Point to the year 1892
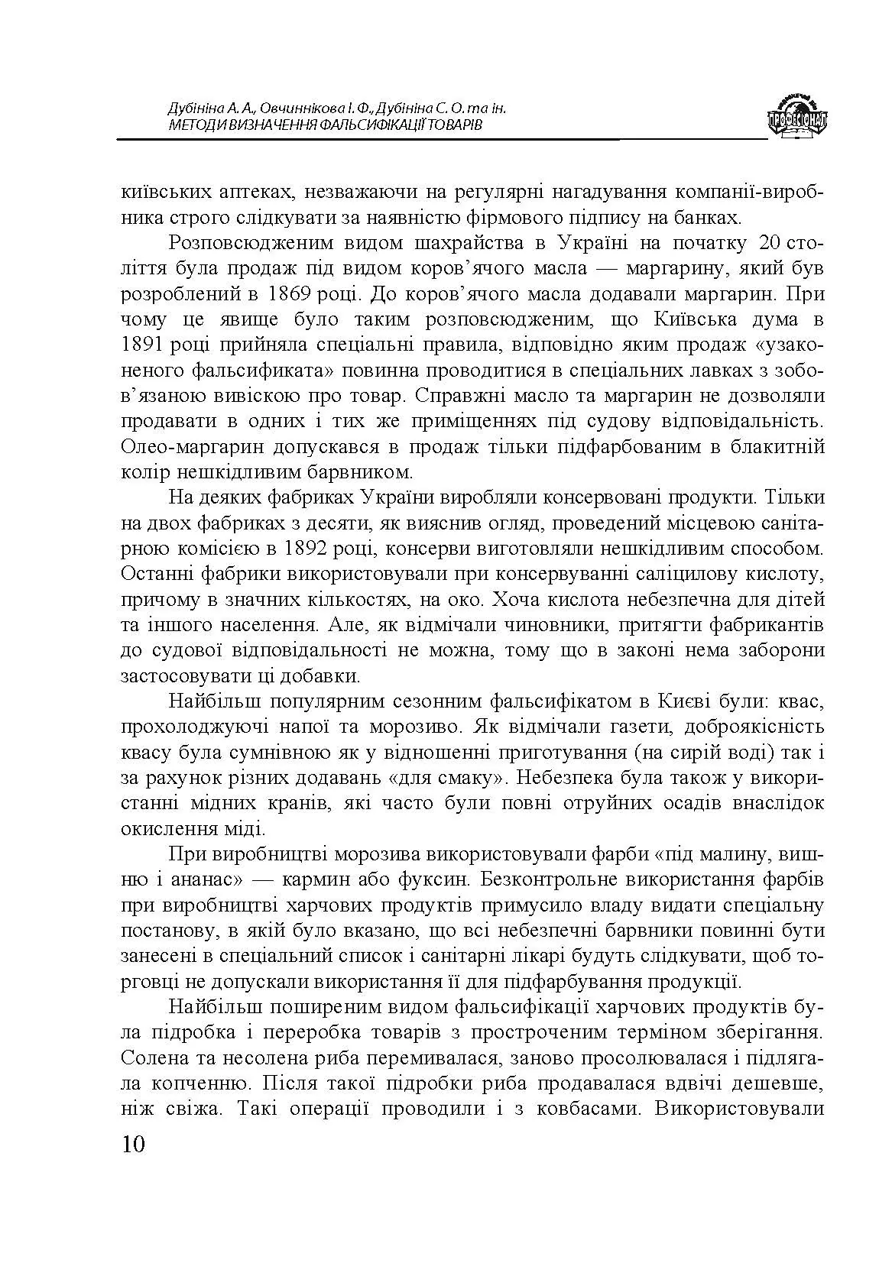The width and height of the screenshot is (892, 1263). pyautogui.click(x=307, y=549)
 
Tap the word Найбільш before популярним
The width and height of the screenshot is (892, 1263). pyautogui.click(x=204, y=701)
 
